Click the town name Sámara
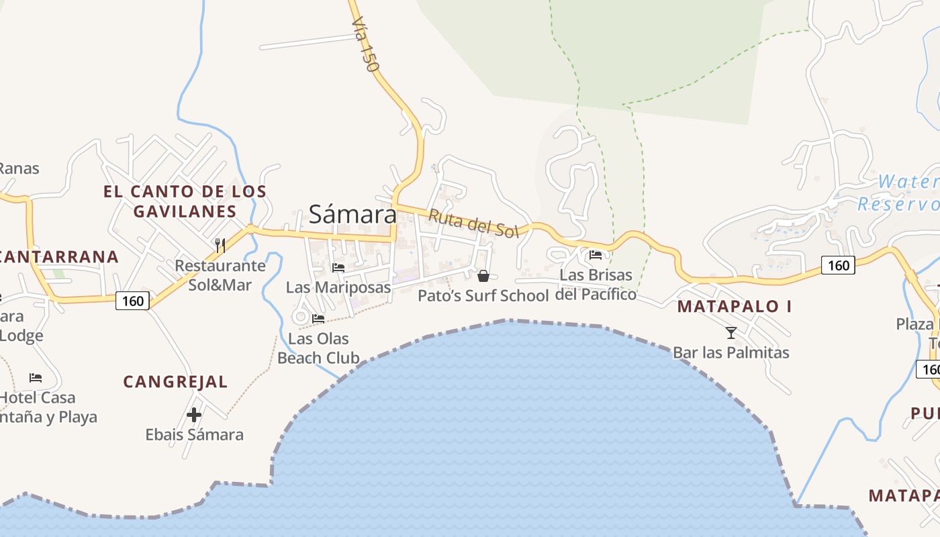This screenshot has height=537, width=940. pos(352,214)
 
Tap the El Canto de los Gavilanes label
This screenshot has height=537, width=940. pos(185,201)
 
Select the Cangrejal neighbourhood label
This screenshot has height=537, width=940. pos(175,382)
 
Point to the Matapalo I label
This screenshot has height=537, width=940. pos(734,307)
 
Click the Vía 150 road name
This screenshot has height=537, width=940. pos(365,45)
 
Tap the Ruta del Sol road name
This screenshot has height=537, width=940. pos(473,223)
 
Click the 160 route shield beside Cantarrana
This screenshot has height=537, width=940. pos(132,301)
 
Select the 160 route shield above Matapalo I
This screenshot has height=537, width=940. pos(838,265)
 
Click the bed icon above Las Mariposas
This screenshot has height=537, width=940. pos(338,267)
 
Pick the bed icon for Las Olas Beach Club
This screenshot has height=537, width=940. pos(318,318)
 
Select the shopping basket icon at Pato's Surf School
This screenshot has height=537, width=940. pos(483,275)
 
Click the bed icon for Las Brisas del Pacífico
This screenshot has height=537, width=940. pos(596,254)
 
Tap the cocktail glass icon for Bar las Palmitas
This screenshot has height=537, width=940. pos(731,332)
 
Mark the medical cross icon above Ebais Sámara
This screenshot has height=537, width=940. pos(194,415)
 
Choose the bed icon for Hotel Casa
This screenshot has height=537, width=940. pos(36,378)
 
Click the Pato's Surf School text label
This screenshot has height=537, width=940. pos(483,295)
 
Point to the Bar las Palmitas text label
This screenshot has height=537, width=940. pos(731,352)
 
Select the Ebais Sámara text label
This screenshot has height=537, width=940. pos(194,434)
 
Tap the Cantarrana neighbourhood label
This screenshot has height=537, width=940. pos(59,256)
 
